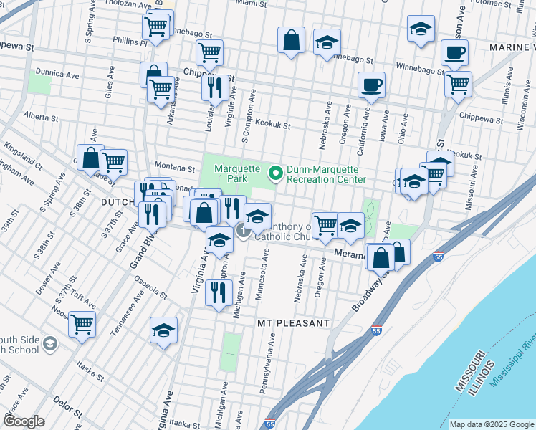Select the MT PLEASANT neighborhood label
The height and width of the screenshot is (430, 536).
293,323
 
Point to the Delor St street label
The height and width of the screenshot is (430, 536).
64,408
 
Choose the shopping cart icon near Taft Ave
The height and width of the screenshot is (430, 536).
82,324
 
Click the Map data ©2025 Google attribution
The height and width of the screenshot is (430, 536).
491,424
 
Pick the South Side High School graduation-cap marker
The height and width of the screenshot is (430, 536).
50,345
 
